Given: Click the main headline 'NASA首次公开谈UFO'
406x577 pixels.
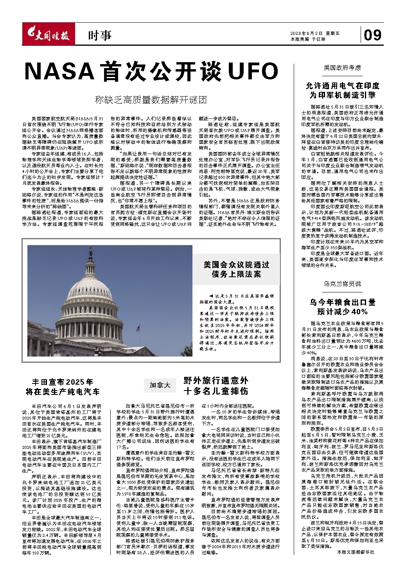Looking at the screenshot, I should pos(151,72).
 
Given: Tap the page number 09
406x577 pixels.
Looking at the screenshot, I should pos(372,35).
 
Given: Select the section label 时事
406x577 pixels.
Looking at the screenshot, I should pos(100,36).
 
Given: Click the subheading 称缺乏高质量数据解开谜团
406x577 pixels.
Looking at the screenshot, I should pos(151,100).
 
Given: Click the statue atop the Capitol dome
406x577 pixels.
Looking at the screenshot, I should pos(91,251).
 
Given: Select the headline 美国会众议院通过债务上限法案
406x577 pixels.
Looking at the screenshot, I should pos(236,269).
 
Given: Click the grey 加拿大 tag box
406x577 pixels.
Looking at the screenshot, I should pos(160,385).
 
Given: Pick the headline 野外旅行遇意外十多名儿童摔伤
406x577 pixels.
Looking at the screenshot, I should pos(216,385).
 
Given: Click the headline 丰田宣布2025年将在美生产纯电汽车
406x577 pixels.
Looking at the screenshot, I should pos(63,386).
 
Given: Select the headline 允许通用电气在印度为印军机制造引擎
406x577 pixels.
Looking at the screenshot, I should pos(342,90).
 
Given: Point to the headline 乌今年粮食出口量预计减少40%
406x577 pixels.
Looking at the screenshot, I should pos(342,306).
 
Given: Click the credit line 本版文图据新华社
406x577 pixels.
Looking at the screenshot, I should pos(355,552).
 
